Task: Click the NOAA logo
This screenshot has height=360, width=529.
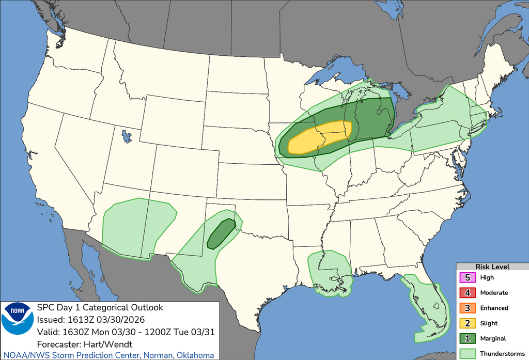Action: (18, 319)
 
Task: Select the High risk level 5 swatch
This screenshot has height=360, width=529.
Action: (468, 277)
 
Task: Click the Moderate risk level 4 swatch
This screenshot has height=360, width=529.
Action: (468, 293)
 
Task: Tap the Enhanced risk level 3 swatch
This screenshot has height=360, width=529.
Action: (468, 308)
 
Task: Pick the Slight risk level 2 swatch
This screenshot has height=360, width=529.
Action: (468, 323)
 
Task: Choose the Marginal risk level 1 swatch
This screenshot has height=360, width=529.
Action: (468, 339)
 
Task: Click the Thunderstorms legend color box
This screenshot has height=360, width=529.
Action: (468, 354)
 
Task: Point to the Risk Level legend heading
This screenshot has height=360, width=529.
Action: (492, 267)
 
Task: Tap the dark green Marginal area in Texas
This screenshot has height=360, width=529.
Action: (221, 233)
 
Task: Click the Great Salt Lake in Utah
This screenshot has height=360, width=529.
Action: (126, 137)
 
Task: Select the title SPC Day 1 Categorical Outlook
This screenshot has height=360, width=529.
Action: (99, 307)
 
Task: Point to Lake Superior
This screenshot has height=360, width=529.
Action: (336, 70)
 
